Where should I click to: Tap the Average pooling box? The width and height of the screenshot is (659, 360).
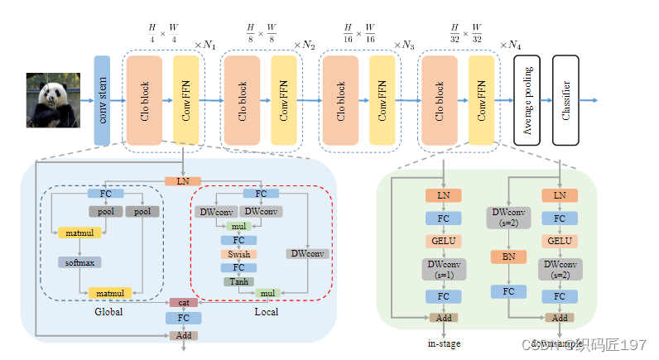pos(527,100)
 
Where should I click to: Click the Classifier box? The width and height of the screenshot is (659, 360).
pos(565,100)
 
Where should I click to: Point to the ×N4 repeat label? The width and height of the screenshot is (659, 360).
pos(511,44)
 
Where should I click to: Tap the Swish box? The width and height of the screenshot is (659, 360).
pos(238,254)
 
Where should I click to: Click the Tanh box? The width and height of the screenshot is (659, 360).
pos(238,281)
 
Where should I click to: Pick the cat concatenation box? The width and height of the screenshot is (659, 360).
pos(183,303)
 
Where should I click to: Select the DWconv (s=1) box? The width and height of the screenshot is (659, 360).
pos(444,269)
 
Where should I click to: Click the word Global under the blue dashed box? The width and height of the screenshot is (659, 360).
pos(108,312)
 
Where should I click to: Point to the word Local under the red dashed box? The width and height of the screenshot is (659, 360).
pos(267,312)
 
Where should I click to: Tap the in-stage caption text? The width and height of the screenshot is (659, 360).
pos(444,343)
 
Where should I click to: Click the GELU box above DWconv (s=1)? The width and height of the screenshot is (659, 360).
pos(444,241)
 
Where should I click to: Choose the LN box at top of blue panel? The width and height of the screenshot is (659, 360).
pos(183,180)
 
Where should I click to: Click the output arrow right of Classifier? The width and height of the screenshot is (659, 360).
pos(589,100)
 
